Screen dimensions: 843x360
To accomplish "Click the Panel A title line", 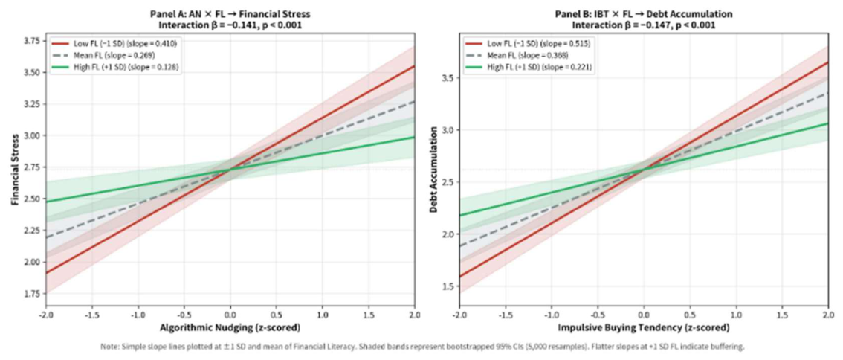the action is tap(230, 15).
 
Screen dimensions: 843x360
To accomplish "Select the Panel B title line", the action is tap(644, 15).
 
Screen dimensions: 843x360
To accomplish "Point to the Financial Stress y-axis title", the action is tap(14, 169).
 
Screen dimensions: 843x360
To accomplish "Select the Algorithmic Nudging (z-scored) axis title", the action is tap(230, 327).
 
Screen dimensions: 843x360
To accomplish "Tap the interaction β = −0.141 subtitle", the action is tap(230, 25).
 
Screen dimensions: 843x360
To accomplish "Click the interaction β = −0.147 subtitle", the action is tap(644, 25).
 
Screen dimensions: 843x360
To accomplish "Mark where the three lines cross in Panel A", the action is tap(230, 170).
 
